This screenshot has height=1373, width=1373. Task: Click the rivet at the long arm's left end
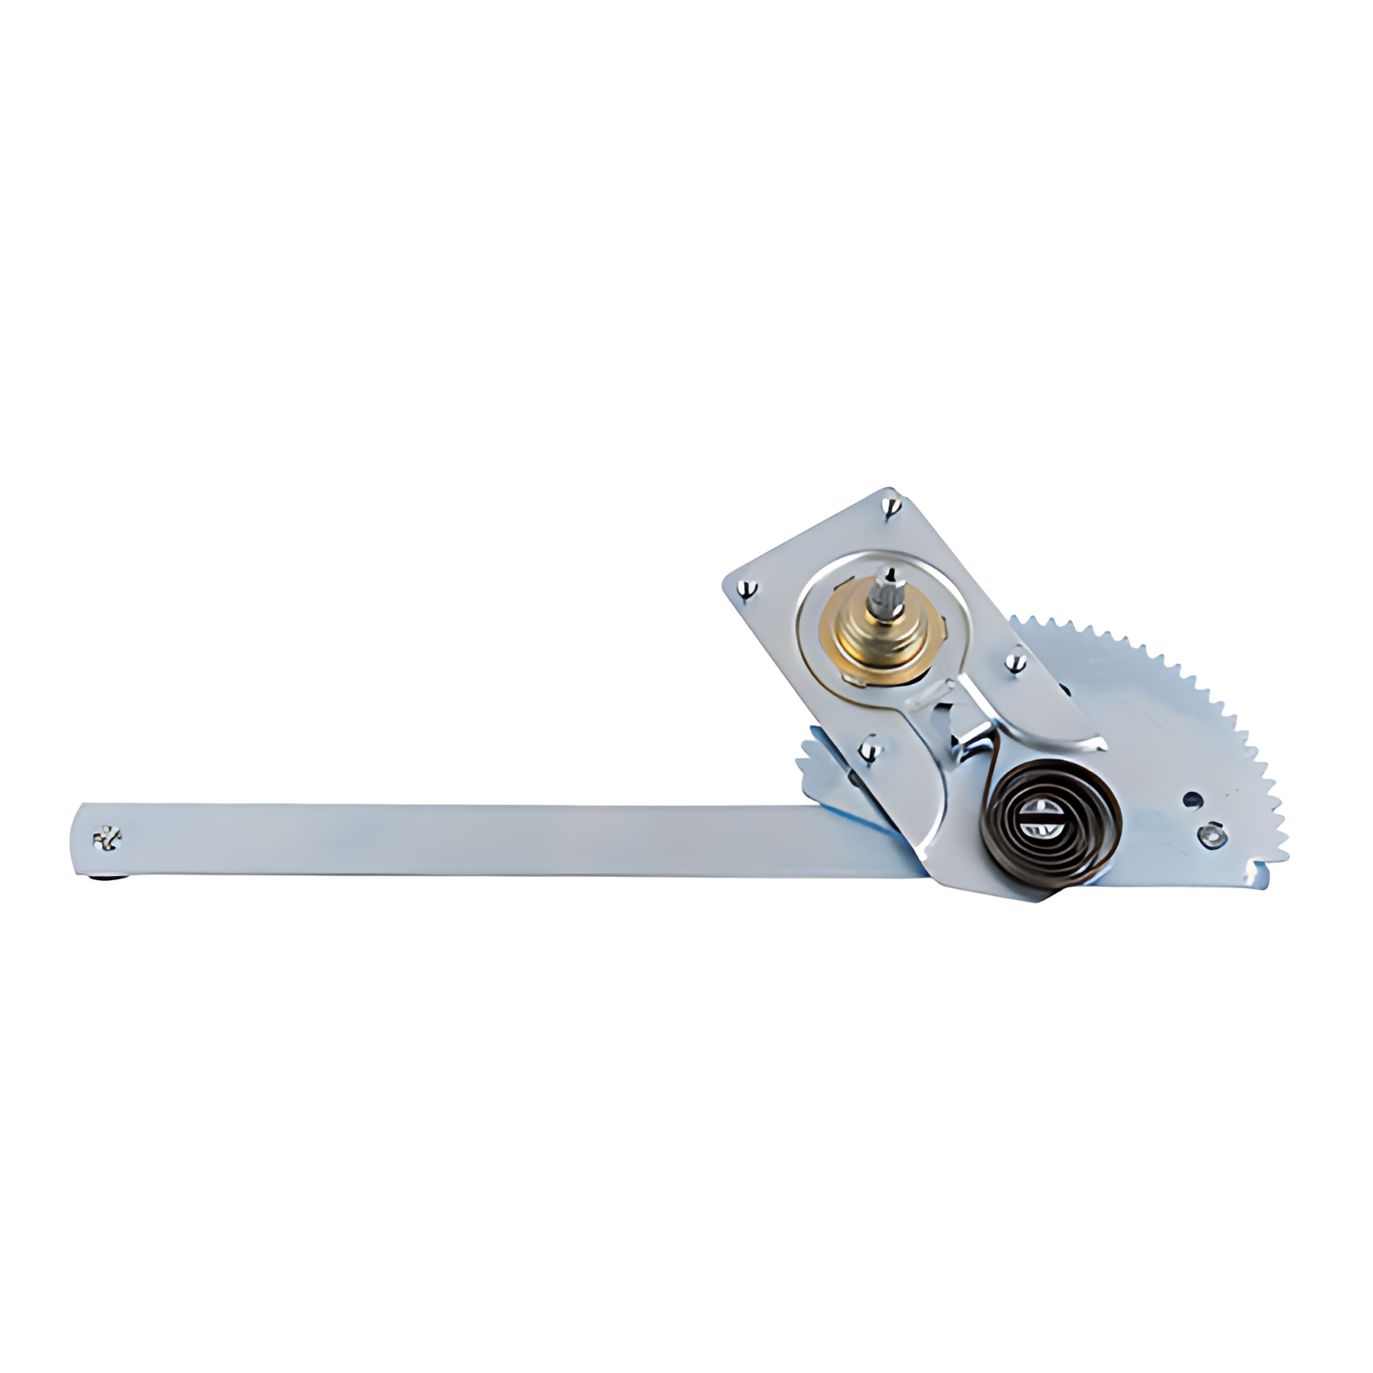[x=107, y=838]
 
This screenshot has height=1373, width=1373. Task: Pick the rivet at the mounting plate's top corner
[x=893, y=508]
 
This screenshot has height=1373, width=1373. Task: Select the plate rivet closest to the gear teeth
[x=1017, y=664]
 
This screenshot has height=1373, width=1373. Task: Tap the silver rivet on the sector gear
[x=1212, y=834]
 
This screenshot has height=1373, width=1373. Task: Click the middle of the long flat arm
[x=490, y=841]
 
